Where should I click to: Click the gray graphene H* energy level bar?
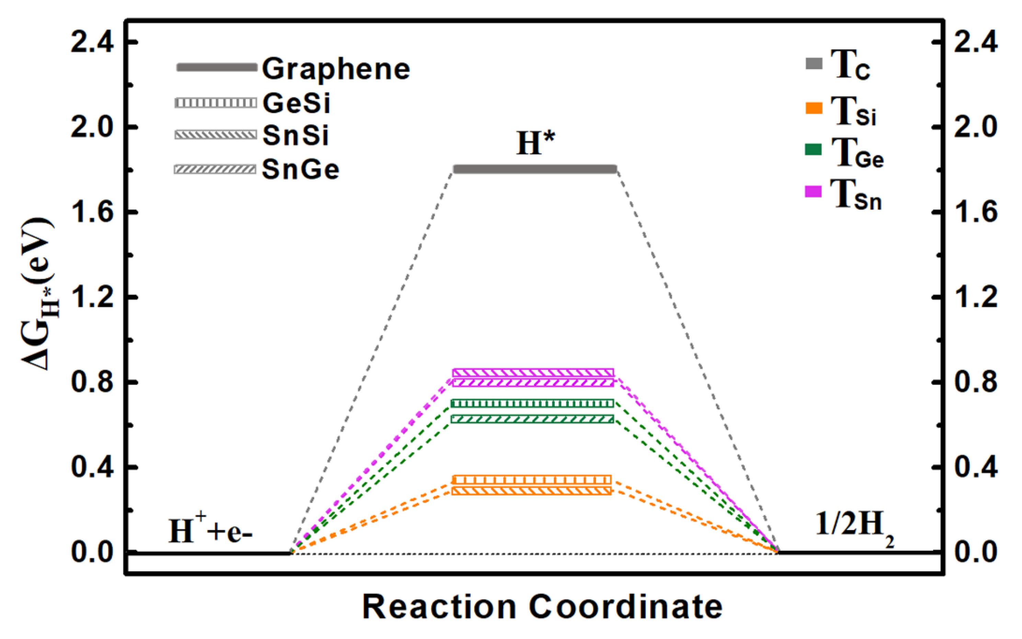[x=535, y=169]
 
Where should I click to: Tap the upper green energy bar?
[x=532, y=403]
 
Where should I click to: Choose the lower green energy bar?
[x=532, y=419]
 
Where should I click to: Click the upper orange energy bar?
[x=532, y=480]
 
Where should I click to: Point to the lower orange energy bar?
[x=532, y=491]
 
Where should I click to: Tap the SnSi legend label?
[x=296, y=136]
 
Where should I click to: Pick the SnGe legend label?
[x=301, y=169]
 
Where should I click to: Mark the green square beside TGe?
[x=813, y=149]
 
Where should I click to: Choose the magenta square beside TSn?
[x=813, y=191]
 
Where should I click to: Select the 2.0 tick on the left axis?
[x=92, y=127]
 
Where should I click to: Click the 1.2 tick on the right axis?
[x=976, y=297]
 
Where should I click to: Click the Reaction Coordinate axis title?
[x=542, y=607]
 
